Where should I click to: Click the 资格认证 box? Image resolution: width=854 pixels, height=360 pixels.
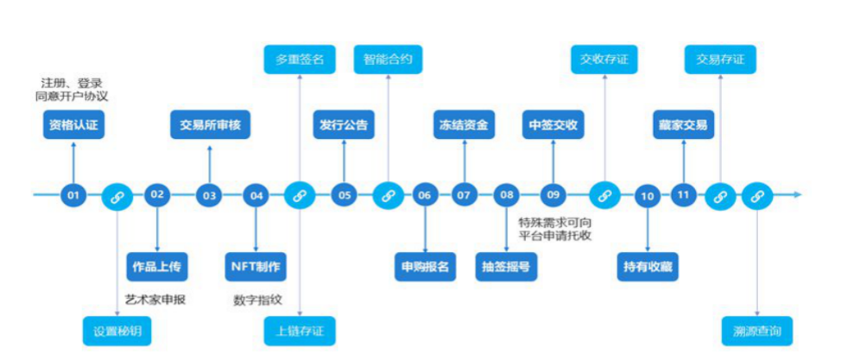tap(73, 126)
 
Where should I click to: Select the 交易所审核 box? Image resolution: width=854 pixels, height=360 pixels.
tap(210, 126)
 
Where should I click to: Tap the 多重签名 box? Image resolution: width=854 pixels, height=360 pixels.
tap(300, 60)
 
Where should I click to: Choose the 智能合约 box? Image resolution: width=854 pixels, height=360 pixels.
tap(388, 60)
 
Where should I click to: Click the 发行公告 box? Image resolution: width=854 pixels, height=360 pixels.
tap(344, 126)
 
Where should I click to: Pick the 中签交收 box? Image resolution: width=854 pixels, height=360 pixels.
tap(554, 126)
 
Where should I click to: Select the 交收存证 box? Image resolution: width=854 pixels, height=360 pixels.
tap(604, 60)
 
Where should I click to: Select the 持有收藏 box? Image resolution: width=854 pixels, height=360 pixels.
tap(648, 265)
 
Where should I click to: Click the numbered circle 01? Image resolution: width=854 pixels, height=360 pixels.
tap(73, 195)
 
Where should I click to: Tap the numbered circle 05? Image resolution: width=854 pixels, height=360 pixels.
tap(345, 195)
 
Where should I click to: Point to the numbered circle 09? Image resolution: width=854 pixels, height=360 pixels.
tap(554, 195)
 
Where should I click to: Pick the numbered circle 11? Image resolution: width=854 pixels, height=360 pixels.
tap(684, 195)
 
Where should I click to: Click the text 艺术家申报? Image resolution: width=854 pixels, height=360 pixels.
tap(155, 300)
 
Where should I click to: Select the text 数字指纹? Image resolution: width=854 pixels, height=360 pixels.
tap(256, 300)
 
